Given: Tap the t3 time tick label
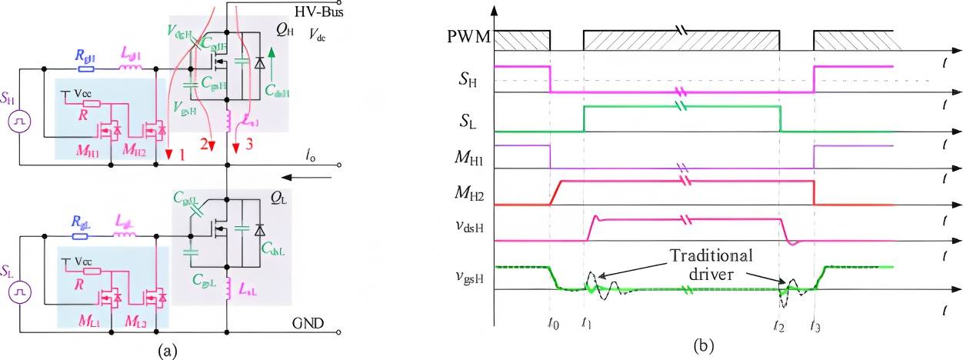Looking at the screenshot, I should [815, 325].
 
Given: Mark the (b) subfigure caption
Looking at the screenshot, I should [701, 346].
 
